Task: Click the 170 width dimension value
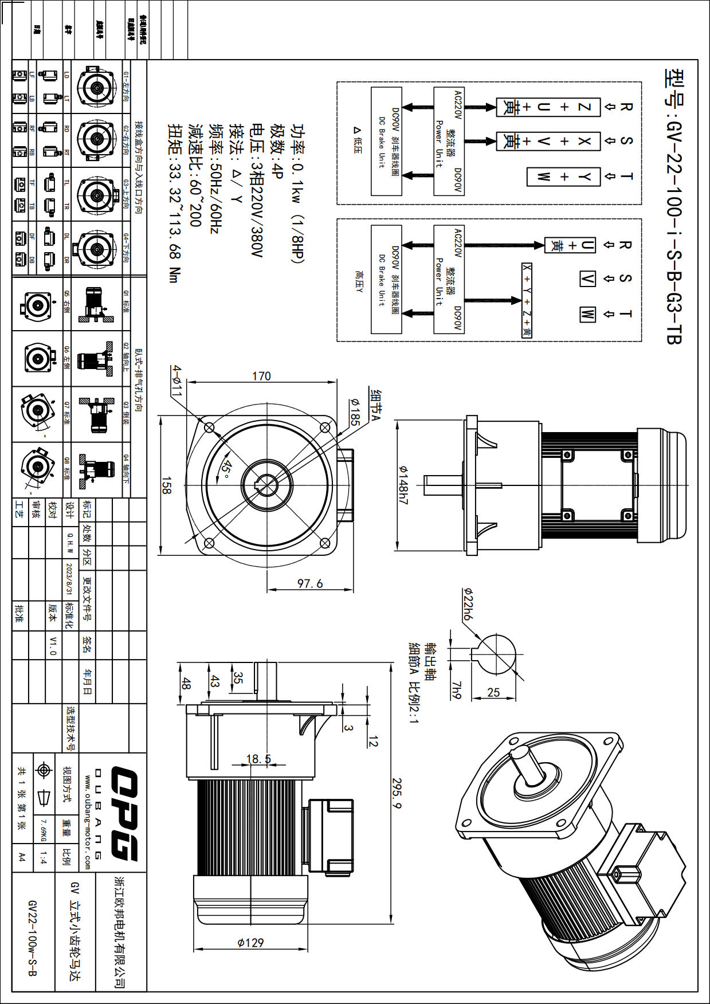click(x=261, y=376)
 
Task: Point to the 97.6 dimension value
click(x=310, y=583)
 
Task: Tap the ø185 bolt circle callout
click(x=355, y=411)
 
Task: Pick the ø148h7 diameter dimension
click(x=403, y=485)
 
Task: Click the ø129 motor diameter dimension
click(x=250, y=943)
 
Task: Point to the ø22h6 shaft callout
click(x=467, y=604)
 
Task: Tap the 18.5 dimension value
click(x=258, y=759)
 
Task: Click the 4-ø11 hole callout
click(x=176, y=381)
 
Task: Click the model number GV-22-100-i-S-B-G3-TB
click(x=674, y=206)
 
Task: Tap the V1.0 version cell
click(x=53, y=645)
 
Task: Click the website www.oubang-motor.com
click(x=88, y=822)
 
